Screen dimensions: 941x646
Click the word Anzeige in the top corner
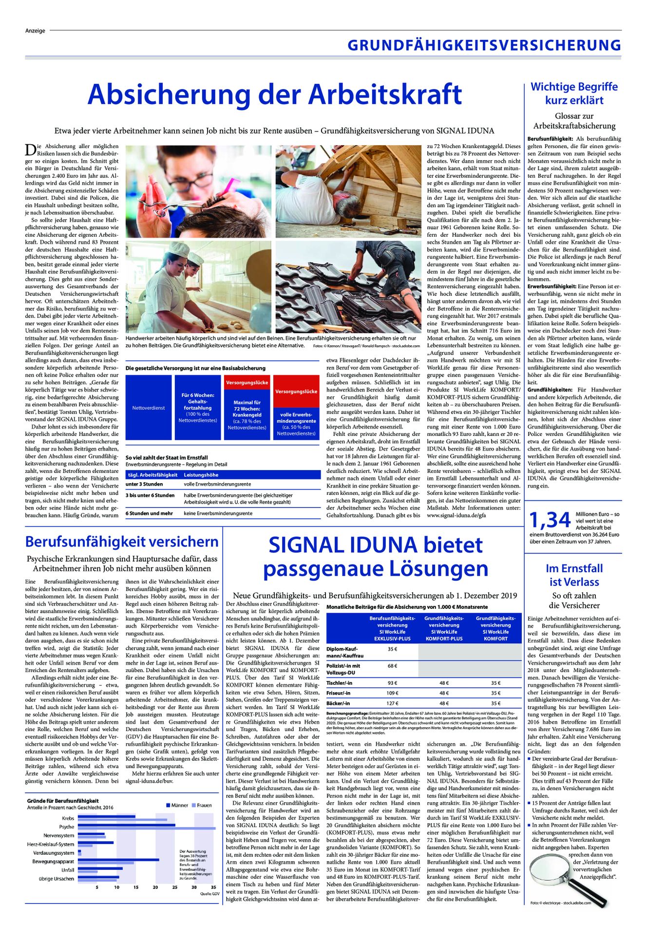[x=35, y=31]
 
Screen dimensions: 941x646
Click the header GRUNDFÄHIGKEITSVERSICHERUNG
[x=484, y=46]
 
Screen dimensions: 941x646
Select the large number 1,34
[x=550, y=520]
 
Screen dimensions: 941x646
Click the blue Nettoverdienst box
[x=149, y=408]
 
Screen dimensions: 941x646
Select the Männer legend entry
[x=177, y=805]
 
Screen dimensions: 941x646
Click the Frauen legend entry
[x=202, y=805]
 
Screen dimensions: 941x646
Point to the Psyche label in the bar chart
[x=67, y=827]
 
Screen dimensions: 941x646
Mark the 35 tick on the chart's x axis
[x=213, y=887]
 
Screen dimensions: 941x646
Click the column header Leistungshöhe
[x=201, y=475]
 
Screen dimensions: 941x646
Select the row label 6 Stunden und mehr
[x=149, y=513]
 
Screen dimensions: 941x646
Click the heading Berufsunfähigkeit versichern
[x=122, y=542]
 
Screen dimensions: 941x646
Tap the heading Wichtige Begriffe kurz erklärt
[x=574, y=94]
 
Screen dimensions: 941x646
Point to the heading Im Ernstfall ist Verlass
[x=574, y=575]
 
